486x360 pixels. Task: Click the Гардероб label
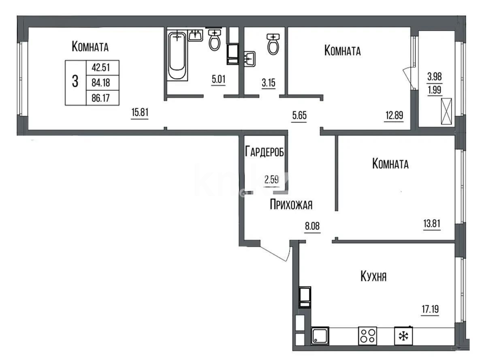point(264,152)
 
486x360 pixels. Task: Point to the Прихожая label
point(291,205)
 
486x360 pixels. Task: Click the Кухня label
point(373,277)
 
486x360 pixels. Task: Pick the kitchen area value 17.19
point(429,310)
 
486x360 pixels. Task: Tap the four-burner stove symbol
point(367,336)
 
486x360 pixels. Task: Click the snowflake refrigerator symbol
point(403,336)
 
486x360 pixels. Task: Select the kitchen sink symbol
point(320,336)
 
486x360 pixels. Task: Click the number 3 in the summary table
point(75,82)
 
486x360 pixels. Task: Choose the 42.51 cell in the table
point(101,67)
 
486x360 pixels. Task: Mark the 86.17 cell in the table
point(101,98)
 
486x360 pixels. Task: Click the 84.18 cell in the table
point(101,83)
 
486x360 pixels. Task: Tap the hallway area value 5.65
point(299,115)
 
